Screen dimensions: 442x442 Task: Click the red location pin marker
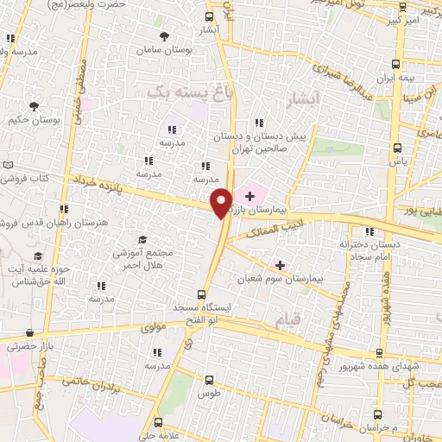click(222, 202)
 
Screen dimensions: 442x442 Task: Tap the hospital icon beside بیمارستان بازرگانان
click(250, 197)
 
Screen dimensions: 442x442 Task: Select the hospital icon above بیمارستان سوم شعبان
click(279, 264)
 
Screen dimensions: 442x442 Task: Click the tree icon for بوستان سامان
click(165, 36)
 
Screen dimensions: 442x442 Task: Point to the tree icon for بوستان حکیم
click(34, 106)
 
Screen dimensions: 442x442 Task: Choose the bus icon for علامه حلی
click(158, 423)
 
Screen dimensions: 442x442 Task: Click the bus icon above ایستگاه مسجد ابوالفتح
click(202, 294)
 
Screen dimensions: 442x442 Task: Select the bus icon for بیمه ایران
click(395, 64)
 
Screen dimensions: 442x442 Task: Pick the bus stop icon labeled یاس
click(396, 148)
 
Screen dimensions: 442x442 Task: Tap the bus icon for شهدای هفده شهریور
click(378, 352)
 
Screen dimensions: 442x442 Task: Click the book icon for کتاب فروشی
click(9, 165)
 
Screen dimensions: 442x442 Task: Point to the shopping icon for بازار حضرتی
click(30, 332)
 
